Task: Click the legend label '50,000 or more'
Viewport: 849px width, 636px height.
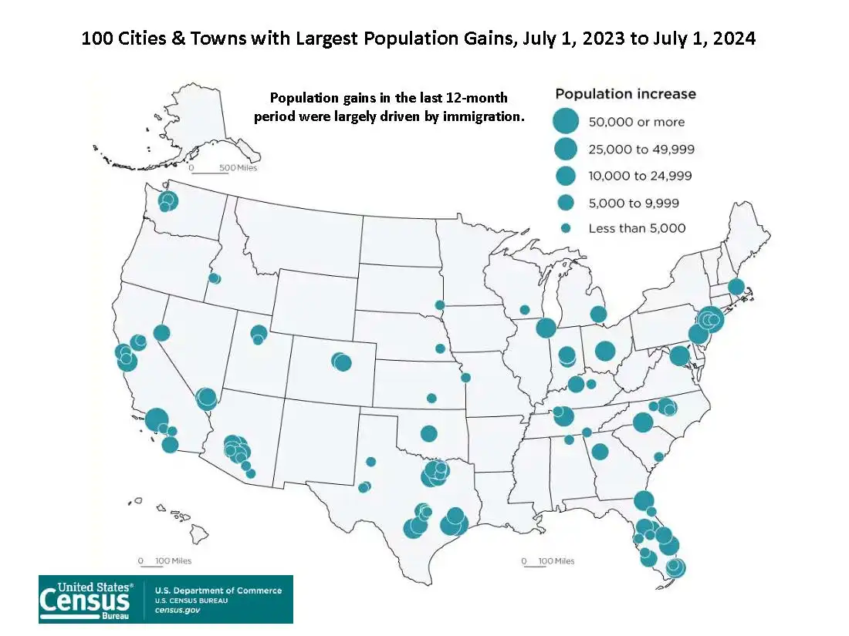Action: pyautogui.click(x=636, y=122)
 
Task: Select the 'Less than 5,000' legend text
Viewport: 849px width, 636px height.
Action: pyautogui.click(x=637, y=228)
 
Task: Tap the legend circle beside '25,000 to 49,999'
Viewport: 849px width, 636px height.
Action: pyautogui.click(x=566, y=148)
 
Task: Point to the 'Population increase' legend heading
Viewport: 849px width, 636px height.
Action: pyautogui.click(x=625, y=94)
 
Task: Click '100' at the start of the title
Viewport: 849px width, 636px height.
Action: pyautogui.click(x=96, y=38)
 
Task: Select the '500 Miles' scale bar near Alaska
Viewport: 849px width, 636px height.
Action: pyautogui.click(x=224, y=168)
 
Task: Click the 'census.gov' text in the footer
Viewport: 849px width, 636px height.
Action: pyautogui.click(x=178, y=610)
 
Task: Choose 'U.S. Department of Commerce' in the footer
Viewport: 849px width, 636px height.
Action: pyautogui.click(x=218, y=591)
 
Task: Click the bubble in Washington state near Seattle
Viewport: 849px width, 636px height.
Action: pyautogui.click(x=167, y=201)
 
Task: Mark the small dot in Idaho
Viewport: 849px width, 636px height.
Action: pyautogui.click(x=214, y=278)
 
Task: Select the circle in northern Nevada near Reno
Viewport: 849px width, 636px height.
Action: pyautogui.click(x=161, y=333)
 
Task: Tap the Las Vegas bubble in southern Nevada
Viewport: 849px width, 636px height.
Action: pyautogui.click(x=206, y=399)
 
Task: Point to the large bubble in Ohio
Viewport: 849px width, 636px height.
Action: pyautogui.click(x=604, y=351)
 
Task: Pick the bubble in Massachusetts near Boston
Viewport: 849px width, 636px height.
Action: pyautogui.click(x=736, y=287)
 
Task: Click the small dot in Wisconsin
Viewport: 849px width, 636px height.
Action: pyautogui.click(x=525, y=310)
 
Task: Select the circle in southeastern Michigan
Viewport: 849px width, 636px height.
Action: pyautogui.click(x=598, y=314)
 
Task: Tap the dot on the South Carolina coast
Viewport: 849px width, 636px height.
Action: pyautogui.click(x=658, y=457)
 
